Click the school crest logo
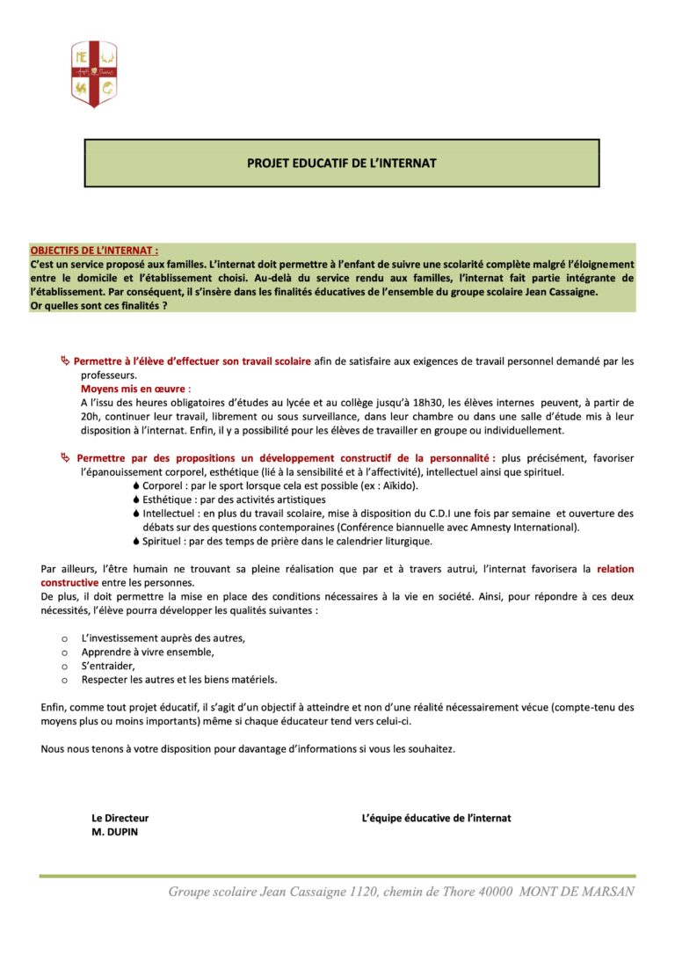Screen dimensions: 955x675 point(93,74)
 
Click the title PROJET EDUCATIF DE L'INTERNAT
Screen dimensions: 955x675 point(342,164)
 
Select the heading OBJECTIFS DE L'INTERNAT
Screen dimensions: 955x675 point(94,251)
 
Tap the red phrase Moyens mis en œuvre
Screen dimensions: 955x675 point(135,388)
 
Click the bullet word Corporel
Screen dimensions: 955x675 point(166,486)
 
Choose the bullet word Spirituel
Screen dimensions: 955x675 point(167,541)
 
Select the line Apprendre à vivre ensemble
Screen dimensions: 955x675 point(148,652)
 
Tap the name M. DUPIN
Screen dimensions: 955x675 point(115,832)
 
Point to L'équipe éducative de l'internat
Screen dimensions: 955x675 point(436,818)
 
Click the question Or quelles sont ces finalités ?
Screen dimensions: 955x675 point(98,305)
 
